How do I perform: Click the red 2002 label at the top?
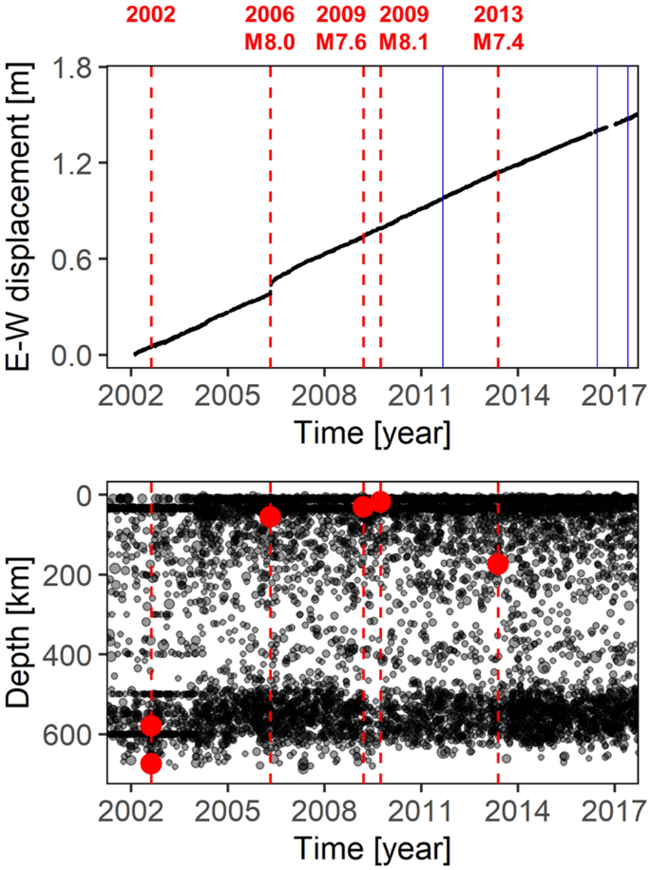click(x=151, y=16)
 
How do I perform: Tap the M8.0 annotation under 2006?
click(x=271, y=43)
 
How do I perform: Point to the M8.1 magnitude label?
click(x=404, y=43)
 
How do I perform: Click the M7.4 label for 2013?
click(x=499, y=43)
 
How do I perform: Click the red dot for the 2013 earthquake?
click(x=498, y=565)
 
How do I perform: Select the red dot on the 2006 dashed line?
click(x=270, y=516)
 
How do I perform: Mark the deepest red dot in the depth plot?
click(x=150, y=764)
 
